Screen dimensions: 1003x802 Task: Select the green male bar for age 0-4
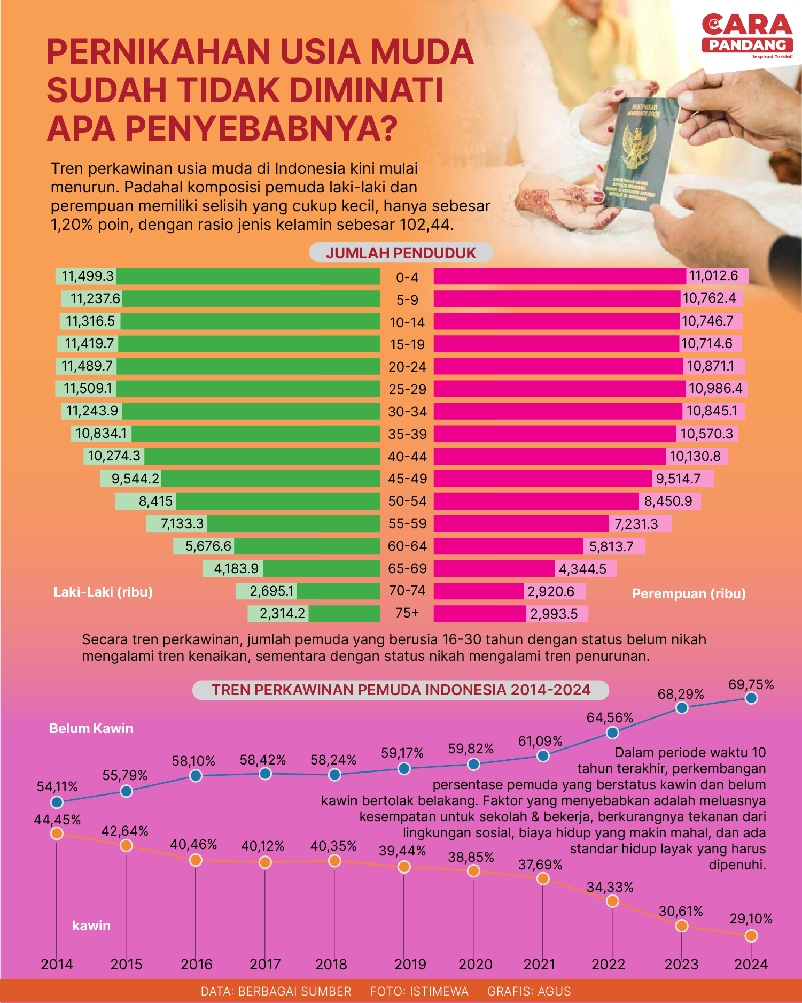point(248,276)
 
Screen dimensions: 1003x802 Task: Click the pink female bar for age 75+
point(479,613)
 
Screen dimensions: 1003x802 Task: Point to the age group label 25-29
point(407,389)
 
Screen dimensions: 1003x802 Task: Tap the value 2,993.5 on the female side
point(554,613)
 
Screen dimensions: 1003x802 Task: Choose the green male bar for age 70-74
point(338,591)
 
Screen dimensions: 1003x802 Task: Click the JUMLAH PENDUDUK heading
point(401,253)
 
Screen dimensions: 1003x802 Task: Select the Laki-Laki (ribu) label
point(103,592)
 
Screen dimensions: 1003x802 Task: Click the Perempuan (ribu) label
point(689,593)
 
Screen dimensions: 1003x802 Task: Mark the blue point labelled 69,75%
point(751,698)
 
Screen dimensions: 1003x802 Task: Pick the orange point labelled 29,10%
point(751,936)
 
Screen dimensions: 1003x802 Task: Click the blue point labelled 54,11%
point(57,802)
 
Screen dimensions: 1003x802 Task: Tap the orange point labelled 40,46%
point(196,860)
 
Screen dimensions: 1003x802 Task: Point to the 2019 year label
point(410,964)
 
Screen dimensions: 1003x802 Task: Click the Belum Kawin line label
point(91,728)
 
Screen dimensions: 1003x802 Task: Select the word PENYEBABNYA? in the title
point(262,128)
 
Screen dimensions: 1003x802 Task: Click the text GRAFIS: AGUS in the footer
point(529,991)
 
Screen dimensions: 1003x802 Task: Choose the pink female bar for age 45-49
point(542,479)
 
